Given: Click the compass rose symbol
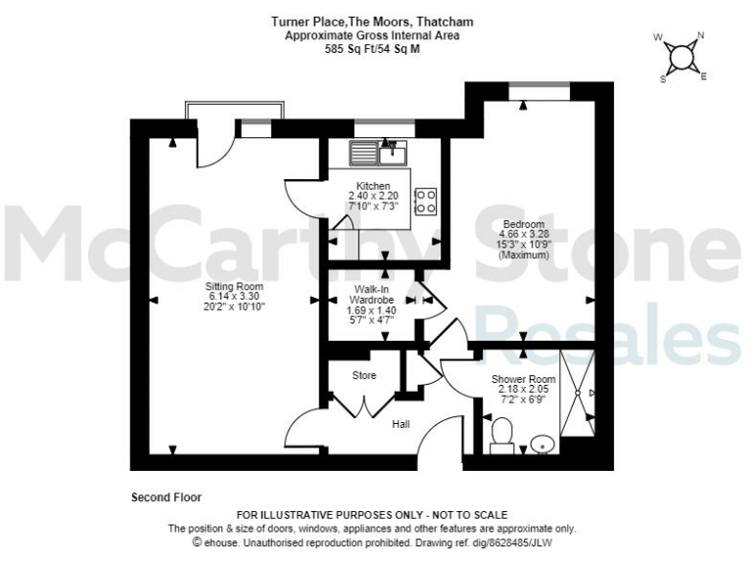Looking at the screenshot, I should click(x=682, y=55).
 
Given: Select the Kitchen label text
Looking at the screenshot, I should click(x=373, y=186).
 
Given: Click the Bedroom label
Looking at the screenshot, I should click(x=524, y=224).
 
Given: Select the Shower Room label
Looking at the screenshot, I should click(x=524, y=379).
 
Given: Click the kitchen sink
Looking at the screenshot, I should click(x=379, y=152).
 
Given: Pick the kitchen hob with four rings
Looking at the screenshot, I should click(x=426, y=201).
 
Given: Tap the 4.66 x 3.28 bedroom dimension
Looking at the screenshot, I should click(x=524, y=235).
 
